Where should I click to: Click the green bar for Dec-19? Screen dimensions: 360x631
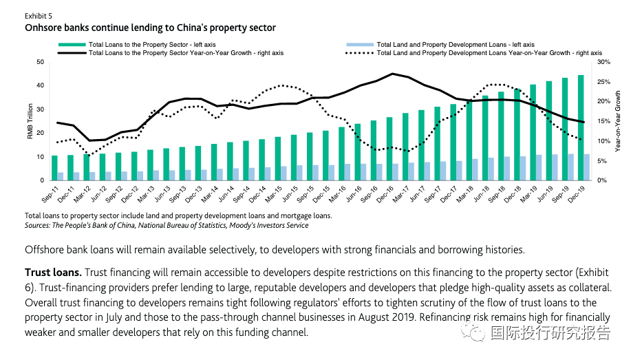[581, 127]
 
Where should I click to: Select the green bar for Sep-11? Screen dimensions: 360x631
[54, 167]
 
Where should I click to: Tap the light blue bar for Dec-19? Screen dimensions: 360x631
[587, 167]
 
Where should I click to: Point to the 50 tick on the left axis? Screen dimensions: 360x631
[40, 62]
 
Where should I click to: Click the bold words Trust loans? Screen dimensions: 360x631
[53, 272]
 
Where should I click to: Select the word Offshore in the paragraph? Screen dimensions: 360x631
[46, 249]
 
